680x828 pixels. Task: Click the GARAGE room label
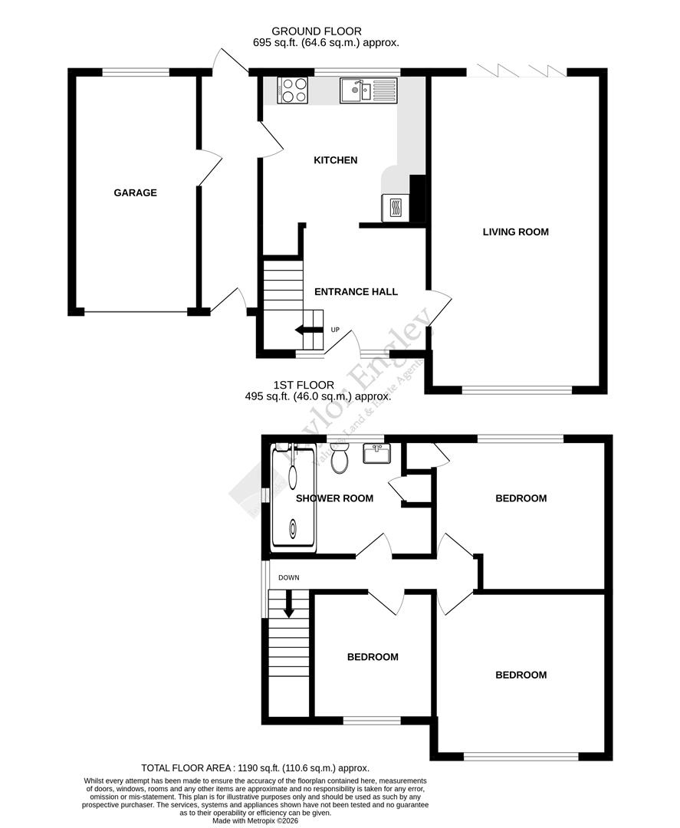pos(135,192)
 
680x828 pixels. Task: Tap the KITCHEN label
pos(336,160)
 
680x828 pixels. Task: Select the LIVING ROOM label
pos(515,232)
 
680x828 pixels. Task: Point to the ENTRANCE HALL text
pos(356,291)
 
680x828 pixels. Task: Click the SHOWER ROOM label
pos(334,498)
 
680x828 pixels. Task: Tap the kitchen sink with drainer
pos(368,90)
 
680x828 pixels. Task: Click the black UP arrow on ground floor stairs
pos(309,330)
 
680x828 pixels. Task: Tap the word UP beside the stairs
pos(335,330)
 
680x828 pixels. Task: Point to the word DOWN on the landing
pos(289,577)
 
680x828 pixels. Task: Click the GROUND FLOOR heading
pos(326,31)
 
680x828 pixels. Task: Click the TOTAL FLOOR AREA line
pos(255,767)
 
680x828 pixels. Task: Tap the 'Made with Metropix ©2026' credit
pos(256,820)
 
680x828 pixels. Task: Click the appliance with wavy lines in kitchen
pos(396,207)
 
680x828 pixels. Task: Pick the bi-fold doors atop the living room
pos(517,71)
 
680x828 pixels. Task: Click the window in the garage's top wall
pos(136,72)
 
